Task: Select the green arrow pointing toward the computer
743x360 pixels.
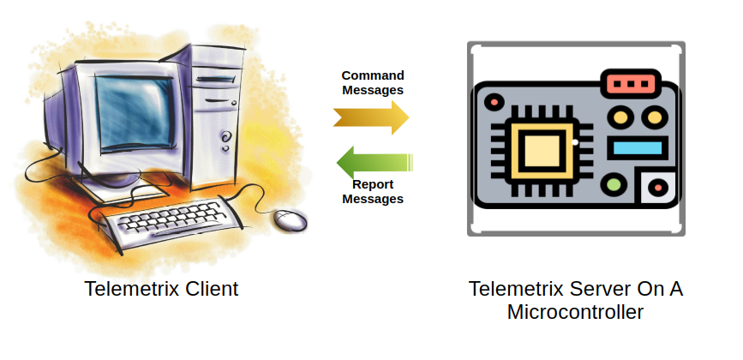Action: click(x=374, y=161)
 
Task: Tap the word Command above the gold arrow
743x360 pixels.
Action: click(x=373, y=75)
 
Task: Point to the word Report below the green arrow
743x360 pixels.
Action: click(x=373, y=184)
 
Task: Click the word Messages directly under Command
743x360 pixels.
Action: click(x=373, y=89)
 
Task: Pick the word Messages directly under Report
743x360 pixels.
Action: click(x=373, y=199)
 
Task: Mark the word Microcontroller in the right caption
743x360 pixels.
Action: click(x=575, y=312)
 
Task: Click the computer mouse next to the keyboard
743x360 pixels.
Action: click(x=291, y=219)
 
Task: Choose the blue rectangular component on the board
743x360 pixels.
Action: click(x=638, y=147)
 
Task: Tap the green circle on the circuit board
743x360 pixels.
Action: click(x=614, y=183)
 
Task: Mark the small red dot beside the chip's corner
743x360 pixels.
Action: click(x=494, y=102)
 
